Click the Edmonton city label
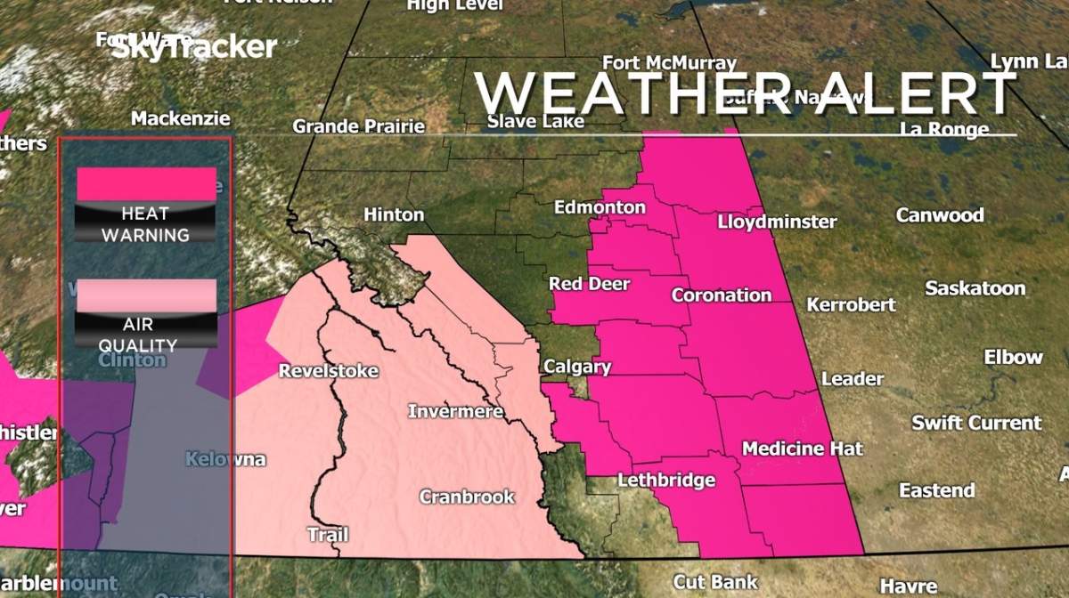600,207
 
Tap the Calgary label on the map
577,367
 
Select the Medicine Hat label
802,448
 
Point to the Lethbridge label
666,481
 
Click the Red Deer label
589,284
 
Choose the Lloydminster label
777,222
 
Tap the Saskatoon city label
975,288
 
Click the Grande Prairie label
358,126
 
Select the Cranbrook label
467,497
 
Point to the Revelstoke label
329,371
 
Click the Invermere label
455,411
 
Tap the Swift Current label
975,423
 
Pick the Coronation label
722,295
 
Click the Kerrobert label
851,304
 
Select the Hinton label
394,215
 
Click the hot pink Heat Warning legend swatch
146,184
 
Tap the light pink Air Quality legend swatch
146,295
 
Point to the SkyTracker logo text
193,47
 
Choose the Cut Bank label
715,581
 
